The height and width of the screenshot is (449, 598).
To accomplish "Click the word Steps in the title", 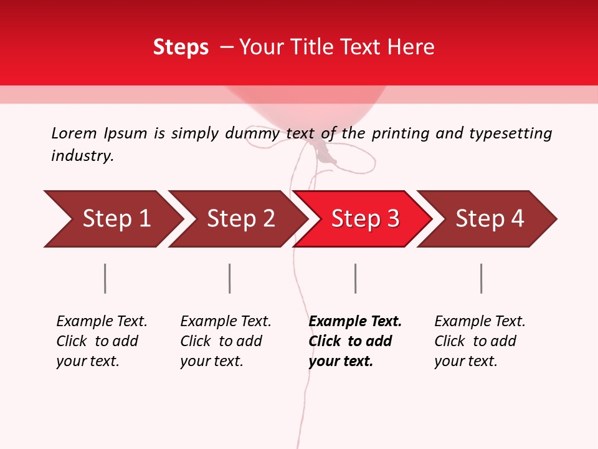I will click(181, 47).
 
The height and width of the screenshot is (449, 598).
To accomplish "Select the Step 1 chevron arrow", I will click(112, 219).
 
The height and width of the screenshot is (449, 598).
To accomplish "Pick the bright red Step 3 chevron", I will click(364, 219).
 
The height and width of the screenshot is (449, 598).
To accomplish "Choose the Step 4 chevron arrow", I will click(489, 219).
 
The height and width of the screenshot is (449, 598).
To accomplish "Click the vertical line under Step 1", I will click(105, 278).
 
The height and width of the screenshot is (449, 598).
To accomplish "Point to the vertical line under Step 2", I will click(230, 278).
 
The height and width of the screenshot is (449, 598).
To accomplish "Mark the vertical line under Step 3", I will click(356, 278).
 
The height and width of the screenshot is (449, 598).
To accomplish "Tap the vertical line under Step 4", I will click(482, 278).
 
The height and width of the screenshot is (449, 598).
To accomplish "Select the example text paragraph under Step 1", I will click(102, 340).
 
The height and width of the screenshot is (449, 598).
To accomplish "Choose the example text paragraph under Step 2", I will click(225, 340).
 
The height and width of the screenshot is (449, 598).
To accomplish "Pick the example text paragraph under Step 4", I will click(480, 340).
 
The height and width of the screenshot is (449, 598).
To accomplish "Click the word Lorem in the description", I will click(74, 133).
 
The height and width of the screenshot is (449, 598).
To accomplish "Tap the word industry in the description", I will click(82, 156).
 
